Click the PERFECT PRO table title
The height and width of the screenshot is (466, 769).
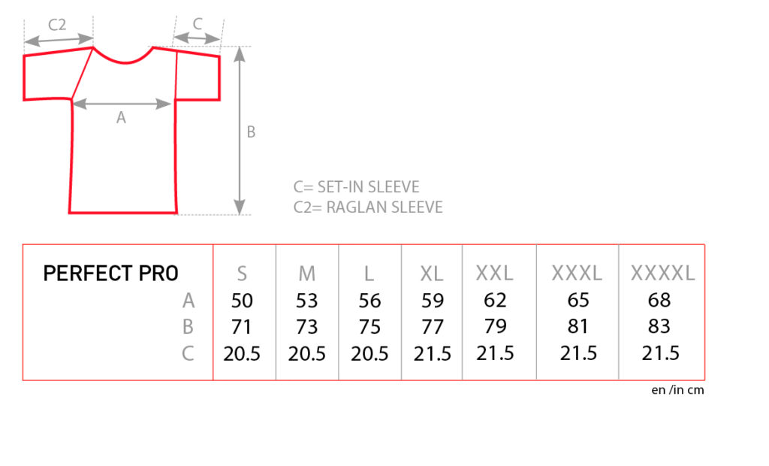[x=111, y=274]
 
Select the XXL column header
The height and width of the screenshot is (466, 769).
[x=494, y=273]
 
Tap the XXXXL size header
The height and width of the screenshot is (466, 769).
[x=662, y=273]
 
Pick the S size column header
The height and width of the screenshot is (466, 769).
[x=242, y=274]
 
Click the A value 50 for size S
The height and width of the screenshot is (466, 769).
[x=242, y=301]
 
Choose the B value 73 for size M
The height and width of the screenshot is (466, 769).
[x=306, y=327]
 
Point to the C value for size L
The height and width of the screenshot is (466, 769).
[x=369, y=353]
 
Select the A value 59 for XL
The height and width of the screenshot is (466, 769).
[x=432, y=301]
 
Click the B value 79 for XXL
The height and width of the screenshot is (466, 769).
[x=495, y=326]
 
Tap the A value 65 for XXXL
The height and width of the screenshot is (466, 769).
[x=578, y=300]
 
